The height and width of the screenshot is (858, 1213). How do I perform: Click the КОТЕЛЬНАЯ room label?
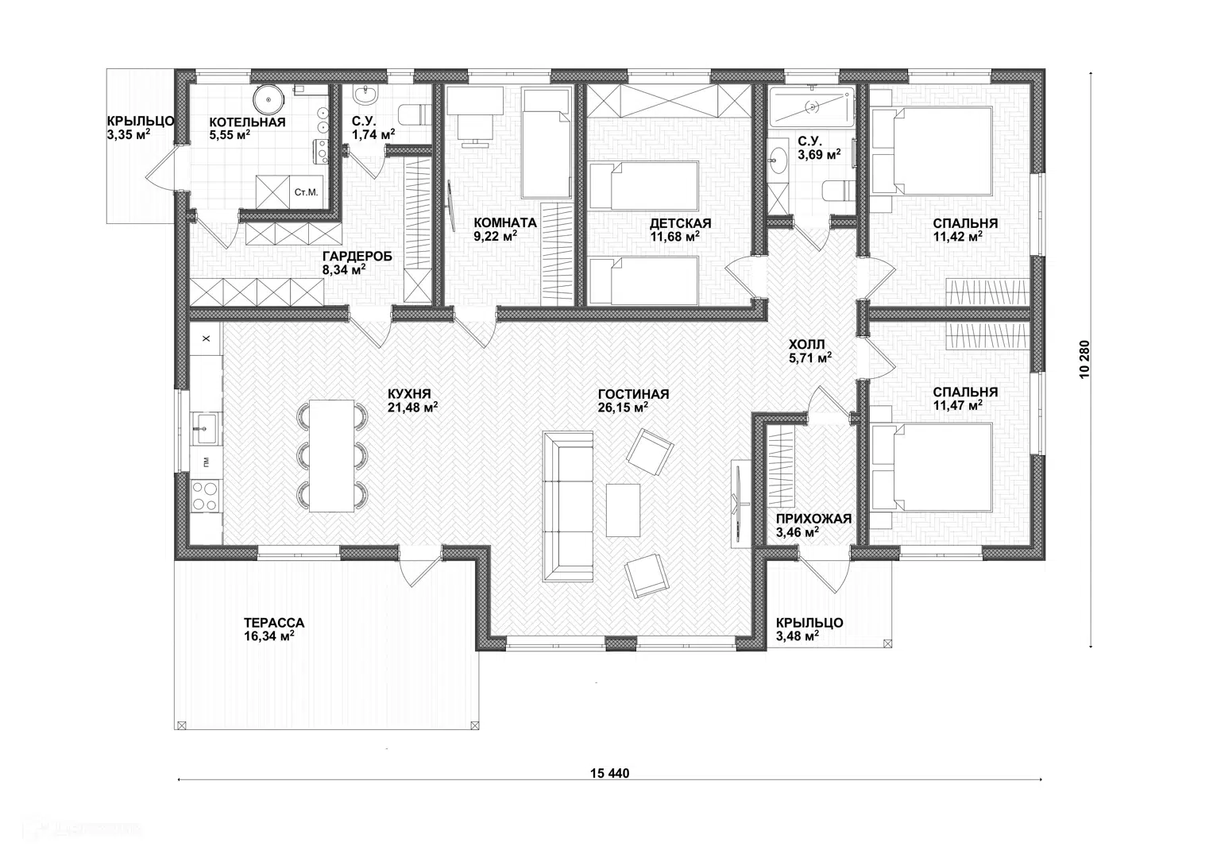(248, 122)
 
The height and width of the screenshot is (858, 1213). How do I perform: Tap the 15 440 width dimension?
(610, 774)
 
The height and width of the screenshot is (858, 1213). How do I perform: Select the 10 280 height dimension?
(1084, 359)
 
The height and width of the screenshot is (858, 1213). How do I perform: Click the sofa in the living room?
(568, 507)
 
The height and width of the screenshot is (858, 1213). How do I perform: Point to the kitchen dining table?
(331, 455)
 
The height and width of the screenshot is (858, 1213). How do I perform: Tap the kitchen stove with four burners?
(205, 497)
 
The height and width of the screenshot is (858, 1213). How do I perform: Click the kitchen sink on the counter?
(206, 428)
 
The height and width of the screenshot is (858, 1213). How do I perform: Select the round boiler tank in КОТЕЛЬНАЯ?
(268, 99)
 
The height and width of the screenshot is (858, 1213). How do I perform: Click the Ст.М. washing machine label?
(306, 192)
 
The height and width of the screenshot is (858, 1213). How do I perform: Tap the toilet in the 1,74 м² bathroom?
(414, 115)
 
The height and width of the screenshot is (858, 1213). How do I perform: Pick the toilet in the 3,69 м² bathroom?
(838, 191)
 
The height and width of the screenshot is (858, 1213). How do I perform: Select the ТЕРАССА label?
(274, 623)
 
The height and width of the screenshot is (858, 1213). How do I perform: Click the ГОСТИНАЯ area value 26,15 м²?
(624, 408)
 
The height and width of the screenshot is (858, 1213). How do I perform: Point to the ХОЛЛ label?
(807, 344)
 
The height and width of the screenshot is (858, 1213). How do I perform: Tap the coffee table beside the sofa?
(623, 510)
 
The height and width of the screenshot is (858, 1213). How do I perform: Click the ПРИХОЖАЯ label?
(814, 519)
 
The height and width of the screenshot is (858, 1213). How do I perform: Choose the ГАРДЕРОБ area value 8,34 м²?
(344, 269)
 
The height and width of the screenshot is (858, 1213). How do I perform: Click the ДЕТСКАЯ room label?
(681, 223)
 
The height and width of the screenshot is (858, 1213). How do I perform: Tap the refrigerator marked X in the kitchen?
(206, 338)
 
